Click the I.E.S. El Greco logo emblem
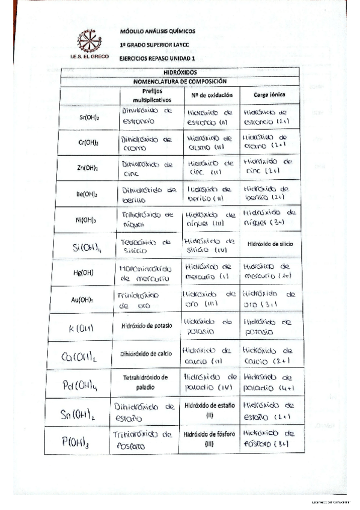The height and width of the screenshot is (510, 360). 89,41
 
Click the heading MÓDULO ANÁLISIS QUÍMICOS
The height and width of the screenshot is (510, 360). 157,31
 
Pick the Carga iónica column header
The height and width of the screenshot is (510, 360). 269,95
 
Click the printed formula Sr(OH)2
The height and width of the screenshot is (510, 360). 89,117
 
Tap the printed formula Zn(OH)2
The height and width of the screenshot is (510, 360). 88,168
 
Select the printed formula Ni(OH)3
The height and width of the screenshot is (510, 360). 88,220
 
